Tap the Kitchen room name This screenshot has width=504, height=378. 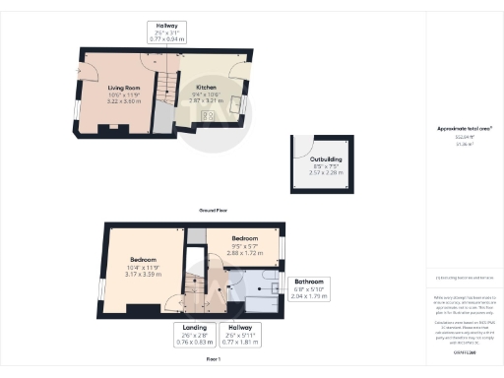(x=206, y=88)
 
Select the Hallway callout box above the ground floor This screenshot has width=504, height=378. (x=164, y=31)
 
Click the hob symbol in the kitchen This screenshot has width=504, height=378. (x=209, y=116)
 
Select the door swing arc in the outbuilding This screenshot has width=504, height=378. (x=305, y=144)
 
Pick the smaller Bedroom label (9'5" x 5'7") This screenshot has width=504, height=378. (x=245, y=239)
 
